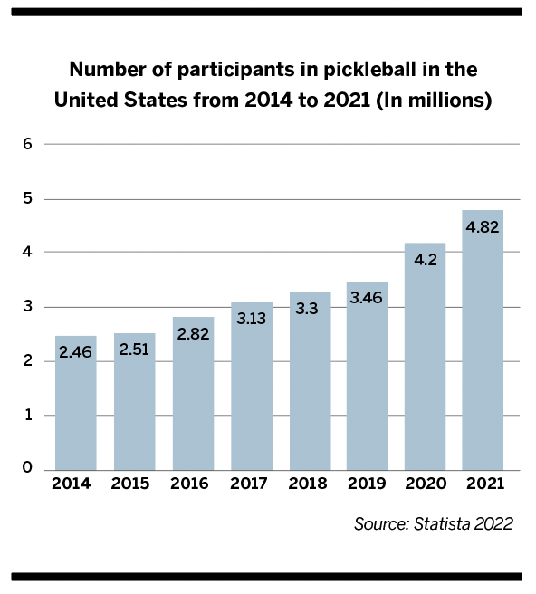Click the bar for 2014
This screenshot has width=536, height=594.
tap(76, 403)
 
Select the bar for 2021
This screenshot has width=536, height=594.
tap(483, 340)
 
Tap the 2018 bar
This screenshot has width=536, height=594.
tap(311, 381)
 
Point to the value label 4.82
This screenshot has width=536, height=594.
tap(483, 227)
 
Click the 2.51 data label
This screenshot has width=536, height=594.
tap(134, 350)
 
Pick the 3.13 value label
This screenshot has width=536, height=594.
tap(252, 319)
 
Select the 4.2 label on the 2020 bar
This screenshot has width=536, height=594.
tap(426, 260)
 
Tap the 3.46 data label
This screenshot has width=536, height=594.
tap(367, 298)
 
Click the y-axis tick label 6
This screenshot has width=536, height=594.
tap(27, 144)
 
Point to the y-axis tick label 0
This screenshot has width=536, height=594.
tap(27, 467)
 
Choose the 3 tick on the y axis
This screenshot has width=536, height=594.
tap(27, 306)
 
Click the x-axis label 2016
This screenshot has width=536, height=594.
tap(189, 484)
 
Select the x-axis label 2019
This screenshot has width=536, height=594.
tap(367, 484)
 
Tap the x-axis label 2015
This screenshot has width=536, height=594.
tap(130, 484)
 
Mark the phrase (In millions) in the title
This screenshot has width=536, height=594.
tap(434, 101)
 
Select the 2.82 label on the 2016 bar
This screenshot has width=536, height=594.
tap(193, 334)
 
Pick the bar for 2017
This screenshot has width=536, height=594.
tap(252, 387)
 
